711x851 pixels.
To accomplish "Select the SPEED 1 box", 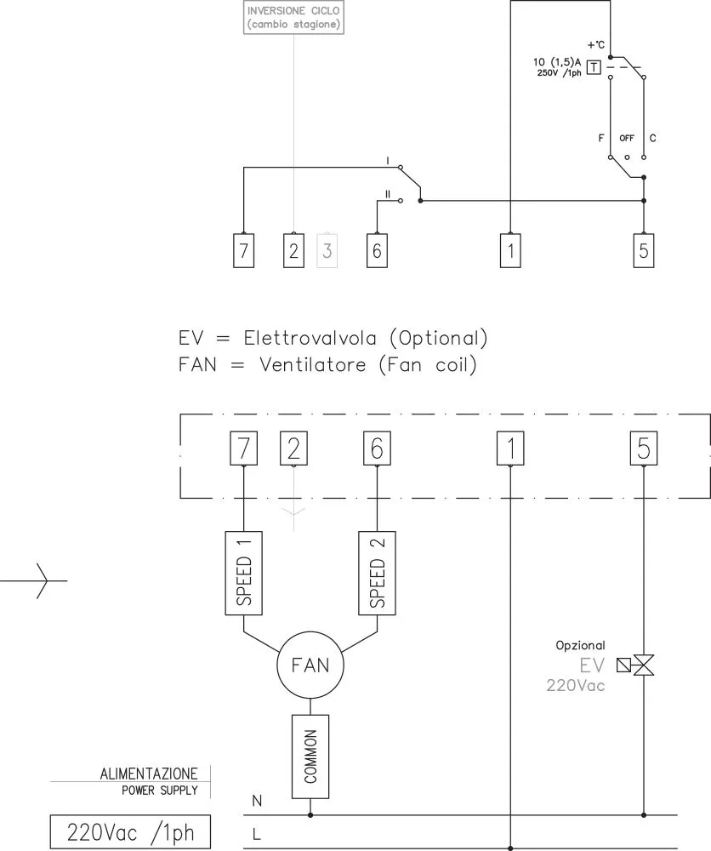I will point(244,572).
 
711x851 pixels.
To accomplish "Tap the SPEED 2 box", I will point(378,572).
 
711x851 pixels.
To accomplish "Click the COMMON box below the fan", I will point(310,756).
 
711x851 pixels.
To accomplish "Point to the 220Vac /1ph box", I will point(129,831).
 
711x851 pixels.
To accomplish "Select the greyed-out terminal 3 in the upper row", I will point(327,251).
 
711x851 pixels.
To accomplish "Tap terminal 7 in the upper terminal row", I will point(244,251).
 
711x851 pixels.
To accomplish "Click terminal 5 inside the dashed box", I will point(643,448).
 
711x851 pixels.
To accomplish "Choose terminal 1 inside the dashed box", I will point(509,448).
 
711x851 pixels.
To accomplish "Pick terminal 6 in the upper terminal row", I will point(378,251).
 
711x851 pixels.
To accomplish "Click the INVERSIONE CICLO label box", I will point(294,18).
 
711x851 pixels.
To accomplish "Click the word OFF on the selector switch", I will point(627,138).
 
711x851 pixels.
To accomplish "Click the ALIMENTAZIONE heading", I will point(150,774).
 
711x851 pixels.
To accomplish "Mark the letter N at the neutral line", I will point(258,801).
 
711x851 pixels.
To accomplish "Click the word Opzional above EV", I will point(581,646).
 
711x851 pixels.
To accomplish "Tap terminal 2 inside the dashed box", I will point(293,448).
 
